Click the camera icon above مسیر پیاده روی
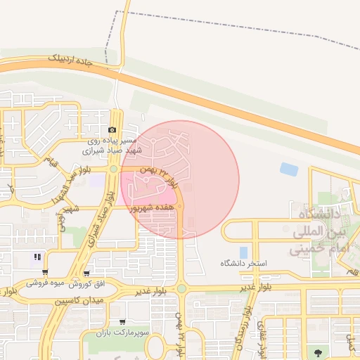(x=112, y=130)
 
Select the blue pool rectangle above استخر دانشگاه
(x=243, y=252)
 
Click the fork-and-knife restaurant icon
(x=37, y=257)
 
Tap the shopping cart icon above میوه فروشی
(x=46, y=273)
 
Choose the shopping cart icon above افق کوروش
(x=86, y=274)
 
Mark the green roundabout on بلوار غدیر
(x=181, y=288)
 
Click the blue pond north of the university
(x=288, y=169)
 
